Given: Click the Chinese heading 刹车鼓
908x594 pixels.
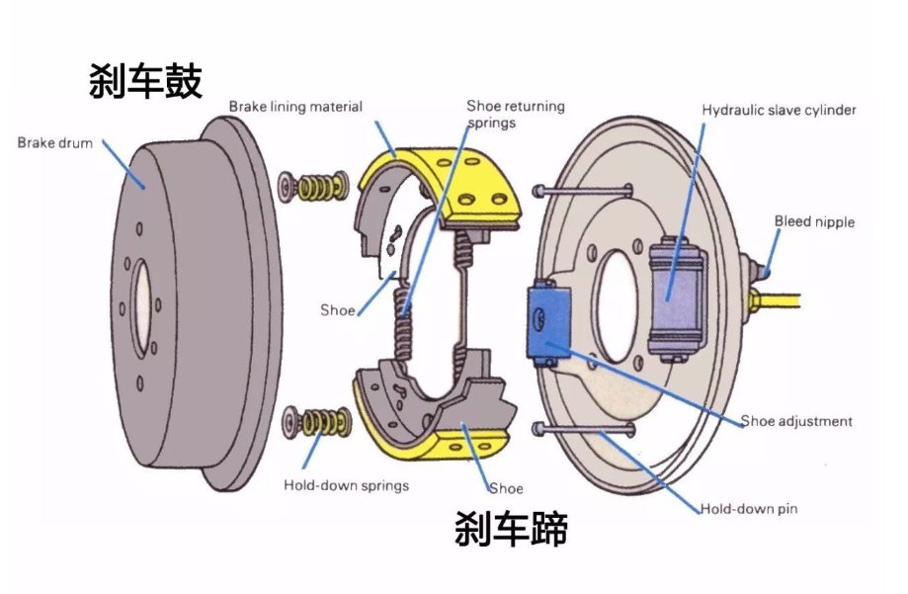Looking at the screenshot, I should point(145,81).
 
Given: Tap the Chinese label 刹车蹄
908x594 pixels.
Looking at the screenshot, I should point(511,530).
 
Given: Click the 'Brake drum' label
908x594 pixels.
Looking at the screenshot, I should point(55,143).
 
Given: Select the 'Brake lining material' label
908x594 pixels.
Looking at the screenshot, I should point(295,107).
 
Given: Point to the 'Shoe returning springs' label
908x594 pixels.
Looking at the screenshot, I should point(516,113).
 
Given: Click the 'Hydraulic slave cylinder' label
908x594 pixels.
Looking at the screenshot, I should point(779,111).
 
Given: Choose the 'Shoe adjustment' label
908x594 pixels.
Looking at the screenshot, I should point(795,421).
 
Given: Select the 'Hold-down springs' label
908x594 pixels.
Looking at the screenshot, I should point(346,485).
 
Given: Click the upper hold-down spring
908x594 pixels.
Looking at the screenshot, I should point(315,185).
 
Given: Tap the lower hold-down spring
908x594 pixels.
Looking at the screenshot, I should point(317,421).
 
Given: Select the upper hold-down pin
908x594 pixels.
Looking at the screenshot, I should point(583,190).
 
